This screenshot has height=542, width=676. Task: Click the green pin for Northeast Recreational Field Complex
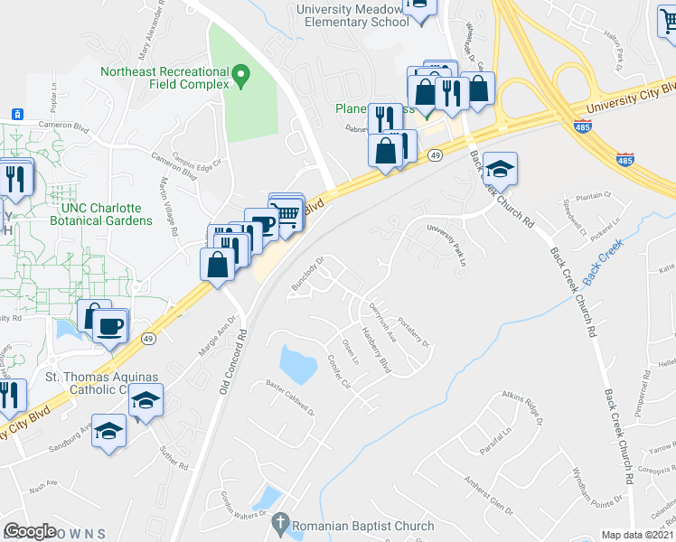click(x=241, y=75)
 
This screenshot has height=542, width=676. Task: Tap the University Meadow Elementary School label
click(x=352, y=15)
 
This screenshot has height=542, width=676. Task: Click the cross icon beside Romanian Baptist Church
click(x=280, y=522)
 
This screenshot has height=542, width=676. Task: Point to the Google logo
click(x=31, y=531)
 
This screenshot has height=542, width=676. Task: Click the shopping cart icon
click(x=287, y=213)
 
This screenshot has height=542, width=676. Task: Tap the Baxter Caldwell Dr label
click(x=288, y=398)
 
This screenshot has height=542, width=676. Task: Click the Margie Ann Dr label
click(x=225, y=326)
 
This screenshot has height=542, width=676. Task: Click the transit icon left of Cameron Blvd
click(x=16, y=113)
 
